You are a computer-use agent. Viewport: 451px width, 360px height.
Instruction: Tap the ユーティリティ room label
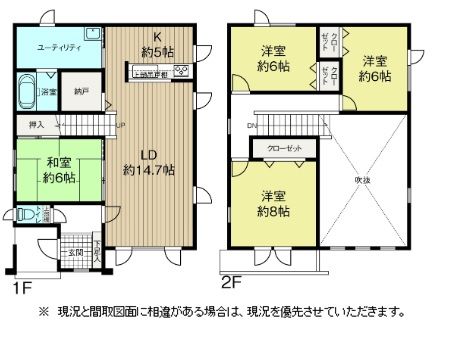pyautogui.click(x=59, y=48)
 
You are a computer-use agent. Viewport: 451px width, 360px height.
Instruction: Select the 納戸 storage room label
pyautogui.click(x=81, y=91)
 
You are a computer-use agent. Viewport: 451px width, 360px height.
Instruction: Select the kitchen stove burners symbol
pyautogui.click(x=181, y=70)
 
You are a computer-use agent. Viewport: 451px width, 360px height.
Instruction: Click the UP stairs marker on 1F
pyautogui.click(x=121, y=125)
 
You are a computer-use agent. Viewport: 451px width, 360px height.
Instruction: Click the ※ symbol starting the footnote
pyautogui.click(x=43, y=311)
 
